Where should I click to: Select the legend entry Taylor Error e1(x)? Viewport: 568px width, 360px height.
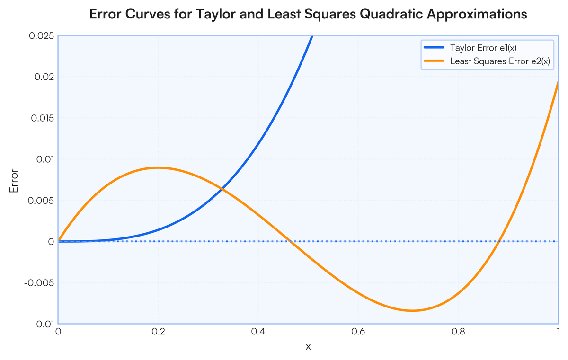(482, 48)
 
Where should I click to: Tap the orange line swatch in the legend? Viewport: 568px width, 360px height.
(434, 61)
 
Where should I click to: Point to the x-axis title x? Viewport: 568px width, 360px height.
(308, 347)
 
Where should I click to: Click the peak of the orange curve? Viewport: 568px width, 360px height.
(158, 167)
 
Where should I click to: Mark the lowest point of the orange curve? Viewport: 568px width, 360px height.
(412, 311)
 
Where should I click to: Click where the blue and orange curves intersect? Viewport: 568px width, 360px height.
(221, 189)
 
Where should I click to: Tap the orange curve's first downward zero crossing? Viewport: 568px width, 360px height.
(291, 241)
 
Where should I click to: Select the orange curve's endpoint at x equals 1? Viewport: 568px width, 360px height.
(558, 82)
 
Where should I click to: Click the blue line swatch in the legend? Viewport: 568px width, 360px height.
(434, 48)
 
